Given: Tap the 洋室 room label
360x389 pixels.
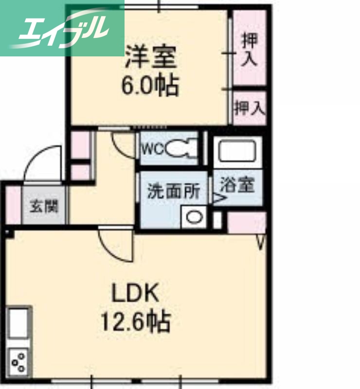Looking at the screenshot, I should tap(150, 57).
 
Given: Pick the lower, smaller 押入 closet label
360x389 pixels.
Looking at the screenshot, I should tap(249, 108).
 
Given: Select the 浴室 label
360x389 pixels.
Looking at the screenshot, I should tap(237, 185).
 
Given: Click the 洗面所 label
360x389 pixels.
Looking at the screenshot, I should tap(174, 191).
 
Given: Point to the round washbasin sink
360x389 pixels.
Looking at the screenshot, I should tap(195, 217).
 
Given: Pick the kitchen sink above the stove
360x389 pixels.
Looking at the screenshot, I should tap(18, 323).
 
